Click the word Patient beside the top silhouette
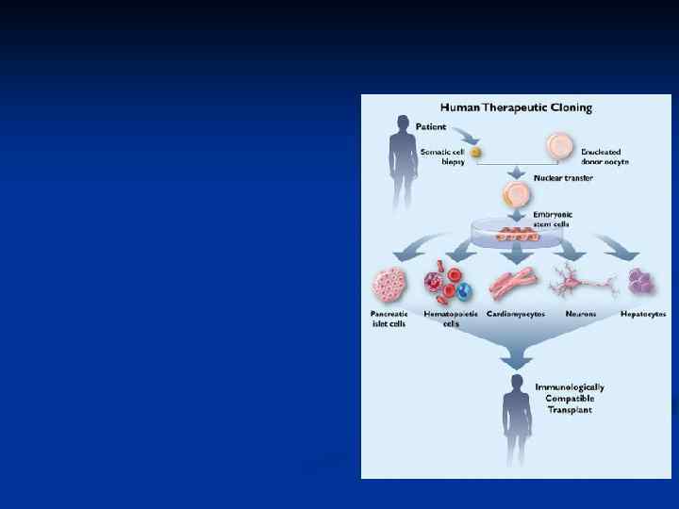click(x=432, y=124)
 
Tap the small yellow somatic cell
click(x=477, y=152)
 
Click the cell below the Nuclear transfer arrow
click(x=516, y=196)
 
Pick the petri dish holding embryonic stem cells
click(x=515, y=233)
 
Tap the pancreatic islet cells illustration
click(x=389, y=285)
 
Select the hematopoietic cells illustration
click(x=449, y=285)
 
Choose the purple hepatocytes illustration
click(x=643, y=281)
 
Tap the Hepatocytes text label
click(x=643, y=314)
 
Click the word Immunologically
click(x=570, y=386)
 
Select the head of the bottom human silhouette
click(x=516, y=382)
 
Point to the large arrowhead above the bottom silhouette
click(x=515, y=359)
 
